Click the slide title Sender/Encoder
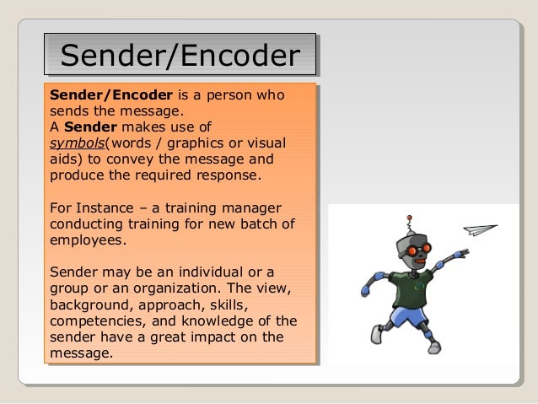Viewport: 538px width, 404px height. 180,57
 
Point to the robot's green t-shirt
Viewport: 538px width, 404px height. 413,285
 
